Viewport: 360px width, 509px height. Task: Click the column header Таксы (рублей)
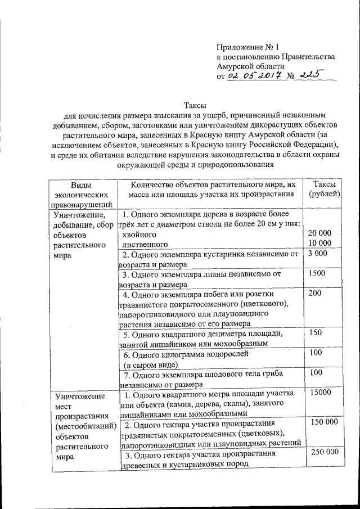tap(323, 190)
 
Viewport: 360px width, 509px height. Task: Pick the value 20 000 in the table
tap(321, 233)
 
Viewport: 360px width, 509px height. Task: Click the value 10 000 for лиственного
tap(321, 243)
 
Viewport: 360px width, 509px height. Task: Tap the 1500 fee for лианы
tap(317, 273)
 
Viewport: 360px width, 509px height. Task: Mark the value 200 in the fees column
tap(315, 294)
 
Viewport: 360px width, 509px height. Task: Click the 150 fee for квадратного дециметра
tap(315, 333)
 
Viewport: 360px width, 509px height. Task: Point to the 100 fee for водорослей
tap(315, 353)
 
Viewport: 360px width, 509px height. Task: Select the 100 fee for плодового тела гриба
tap(315, 372)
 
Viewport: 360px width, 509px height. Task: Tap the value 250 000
tap(324, 452)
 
